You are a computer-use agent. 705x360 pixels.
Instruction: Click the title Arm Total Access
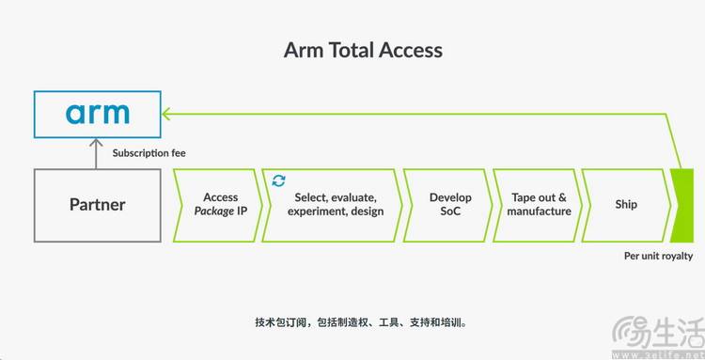click(363, 50)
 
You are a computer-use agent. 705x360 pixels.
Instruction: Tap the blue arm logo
click(98, 114)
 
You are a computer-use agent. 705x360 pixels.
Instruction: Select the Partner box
click(98, 206)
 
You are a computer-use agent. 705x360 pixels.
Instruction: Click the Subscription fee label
click(149, 153)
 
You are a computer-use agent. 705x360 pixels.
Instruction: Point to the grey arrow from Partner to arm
click(96, 154)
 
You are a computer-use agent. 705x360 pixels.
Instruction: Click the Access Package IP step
click(218, 206)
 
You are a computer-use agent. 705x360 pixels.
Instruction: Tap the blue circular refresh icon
click(279, 180)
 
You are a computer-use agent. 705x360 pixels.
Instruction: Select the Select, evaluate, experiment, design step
click(333, 206)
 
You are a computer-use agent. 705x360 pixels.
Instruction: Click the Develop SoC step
click(448, 206)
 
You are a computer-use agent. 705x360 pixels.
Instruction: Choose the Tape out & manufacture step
click(538, 206)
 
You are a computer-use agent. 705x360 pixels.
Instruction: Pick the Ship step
click(626, 206)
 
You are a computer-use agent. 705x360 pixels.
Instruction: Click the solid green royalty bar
click(682, 206)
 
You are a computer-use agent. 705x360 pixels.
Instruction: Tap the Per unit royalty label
click(658, 256)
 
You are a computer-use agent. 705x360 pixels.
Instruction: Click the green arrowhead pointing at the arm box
click(165, 114)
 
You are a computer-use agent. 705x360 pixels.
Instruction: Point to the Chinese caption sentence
click(361, 322)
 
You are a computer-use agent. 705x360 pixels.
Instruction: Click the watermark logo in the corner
click(658, 336)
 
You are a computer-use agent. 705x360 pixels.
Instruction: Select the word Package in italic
click(214, 211)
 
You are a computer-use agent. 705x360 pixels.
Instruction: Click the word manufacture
click(540, 211)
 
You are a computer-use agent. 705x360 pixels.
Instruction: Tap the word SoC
click(450, 211)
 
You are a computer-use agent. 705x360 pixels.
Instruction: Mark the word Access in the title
click(411, 50)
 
